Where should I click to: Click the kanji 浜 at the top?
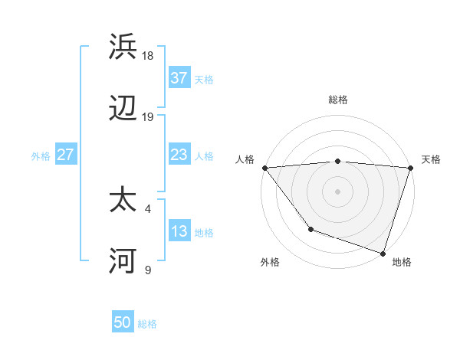(123, 47)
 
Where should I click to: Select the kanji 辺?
(123, 110)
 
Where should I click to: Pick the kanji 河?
(123, 262)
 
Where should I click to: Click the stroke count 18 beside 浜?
(148, 55)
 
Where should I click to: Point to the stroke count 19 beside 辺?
(148, 117)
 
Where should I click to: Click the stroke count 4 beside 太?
(148, 207)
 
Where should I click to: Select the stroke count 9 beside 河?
(148, 270)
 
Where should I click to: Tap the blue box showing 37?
(179, 78)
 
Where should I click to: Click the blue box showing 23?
(179, 155)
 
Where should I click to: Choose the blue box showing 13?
(179, 231)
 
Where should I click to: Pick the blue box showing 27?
(65, 155)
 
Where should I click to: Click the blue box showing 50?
(123, 322)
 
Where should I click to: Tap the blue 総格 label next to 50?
(147, 324)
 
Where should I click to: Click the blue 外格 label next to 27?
(41, 155)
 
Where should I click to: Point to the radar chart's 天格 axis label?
(431, 159)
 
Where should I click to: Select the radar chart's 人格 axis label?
(245, 159)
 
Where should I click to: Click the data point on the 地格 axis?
(383, 253)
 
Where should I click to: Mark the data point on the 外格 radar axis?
(310, 228)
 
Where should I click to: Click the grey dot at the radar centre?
(337, 191)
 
